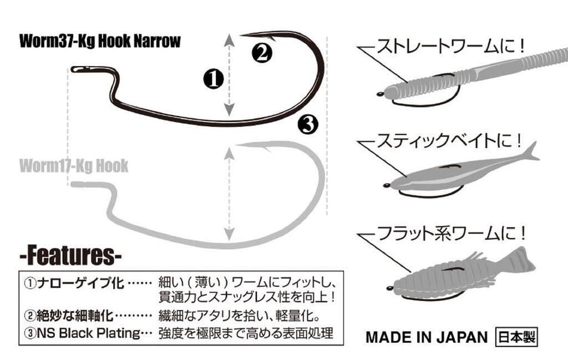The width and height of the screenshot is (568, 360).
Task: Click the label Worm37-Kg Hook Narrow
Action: coord(100,42)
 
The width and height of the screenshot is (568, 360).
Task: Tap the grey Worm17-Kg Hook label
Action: coord(73,165)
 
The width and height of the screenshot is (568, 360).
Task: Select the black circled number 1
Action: coord(214,78)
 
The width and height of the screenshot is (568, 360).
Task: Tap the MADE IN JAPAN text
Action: coord(426,337)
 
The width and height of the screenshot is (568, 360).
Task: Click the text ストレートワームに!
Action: coord(450,45)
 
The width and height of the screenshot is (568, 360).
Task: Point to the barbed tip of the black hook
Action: coord(247,34)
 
